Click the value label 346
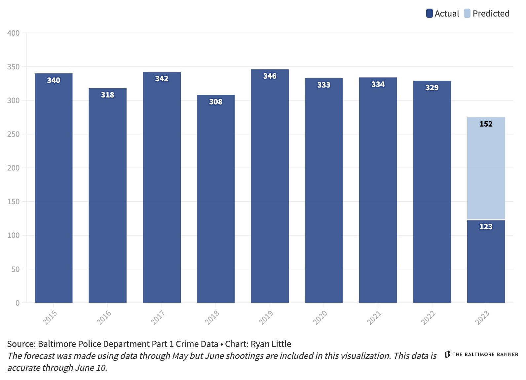pyautogui.click(x=270, y=76)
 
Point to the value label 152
pyautogui.click(x=486, y=124)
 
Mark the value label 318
pyautogui.click(x=107, y=95)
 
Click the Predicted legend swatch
pyautogui.click(x=467, y=14)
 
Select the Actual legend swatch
pyautogui.click(x=429, y=14)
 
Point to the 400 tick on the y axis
pyautogui.click(x=14, y=33)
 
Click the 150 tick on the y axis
pyautogui.click(x=14, y=202)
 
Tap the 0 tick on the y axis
pyautogui.click(x=17, y=303)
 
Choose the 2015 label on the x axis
pyautogui.click(x=50, y=318)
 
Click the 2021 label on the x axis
pyautogui.click(x=374, y=318)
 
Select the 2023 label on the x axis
pyautogui.click(x=482, y=318)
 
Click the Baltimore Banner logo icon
pyautogui.click(x=447, y=354)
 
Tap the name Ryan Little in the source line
pyautogui.click(x=271, y=344)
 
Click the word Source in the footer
pyautogui.click(x=21, y=344)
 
